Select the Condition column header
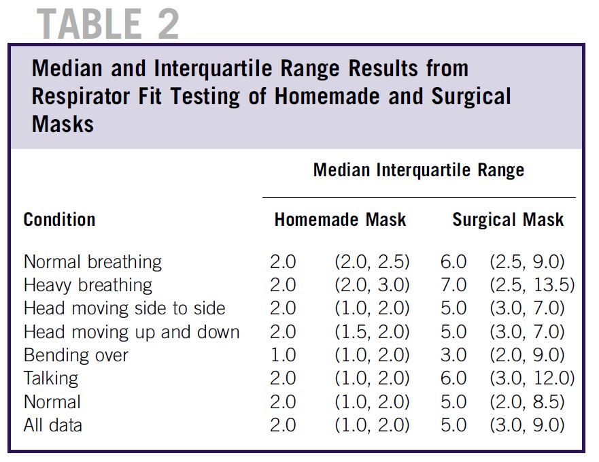tap(59, 220)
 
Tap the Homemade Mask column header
tap(340, 220)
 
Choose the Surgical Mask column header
tap(508, 220)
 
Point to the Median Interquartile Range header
tap(418, 169)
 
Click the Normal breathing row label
tap(92, 262)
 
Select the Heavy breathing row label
tap(88, 285)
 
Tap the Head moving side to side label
tap(124, 308)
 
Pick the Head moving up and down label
tap(131, 332)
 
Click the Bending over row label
tap(75, 355)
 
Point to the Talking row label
tap(51, 378)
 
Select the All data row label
tap(53, 425)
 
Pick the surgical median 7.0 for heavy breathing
tap(453, 285)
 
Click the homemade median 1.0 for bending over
tap(283, 355)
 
